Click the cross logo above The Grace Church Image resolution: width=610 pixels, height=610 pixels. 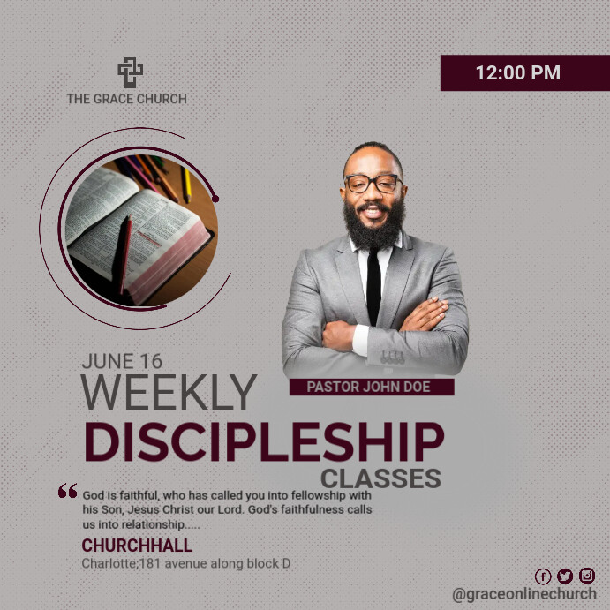point(130,72)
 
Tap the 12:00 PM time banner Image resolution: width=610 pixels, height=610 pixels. point(517,73)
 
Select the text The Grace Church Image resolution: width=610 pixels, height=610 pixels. point(126,99)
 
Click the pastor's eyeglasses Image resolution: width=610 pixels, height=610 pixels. point(373,183)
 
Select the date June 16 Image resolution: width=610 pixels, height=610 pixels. point(121,361)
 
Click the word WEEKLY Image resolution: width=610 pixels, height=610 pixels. point(169,393)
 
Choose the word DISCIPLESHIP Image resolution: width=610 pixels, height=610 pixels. point(263,442)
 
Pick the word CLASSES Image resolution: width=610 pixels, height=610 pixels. point(380,479)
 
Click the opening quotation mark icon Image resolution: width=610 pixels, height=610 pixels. point(67,492)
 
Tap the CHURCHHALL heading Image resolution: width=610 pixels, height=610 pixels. point(137,546)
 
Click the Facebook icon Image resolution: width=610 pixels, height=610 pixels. point(543,576)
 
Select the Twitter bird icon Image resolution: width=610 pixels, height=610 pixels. point(565,576)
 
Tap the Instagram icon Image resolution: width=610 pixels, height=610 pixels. point(587,576)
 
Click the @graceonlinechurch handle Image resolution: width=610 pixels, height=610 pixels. point(523,595)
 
